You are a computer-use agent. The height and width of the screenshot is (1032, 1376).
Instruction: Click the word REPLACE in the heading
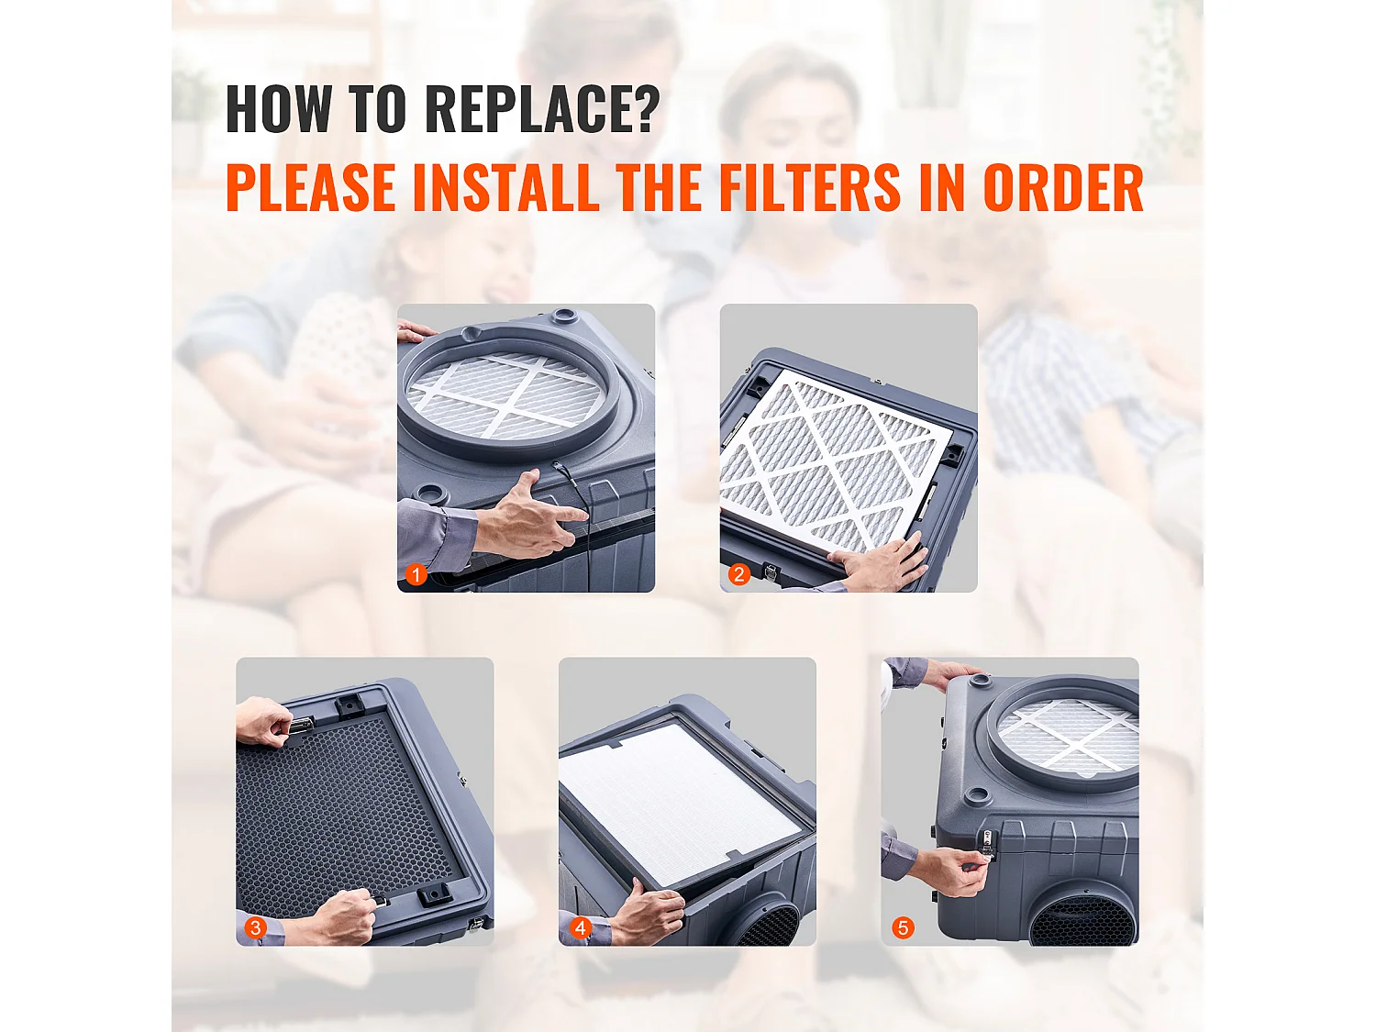542,109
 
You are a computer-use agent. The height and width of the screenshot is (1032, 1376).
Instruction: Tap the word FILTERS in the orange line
810,188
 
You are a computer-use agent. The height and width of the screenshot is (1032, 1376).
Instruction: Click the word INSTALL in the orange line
505,188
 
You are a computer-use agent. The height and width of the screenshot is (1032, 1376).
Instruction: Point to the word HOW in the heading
279,109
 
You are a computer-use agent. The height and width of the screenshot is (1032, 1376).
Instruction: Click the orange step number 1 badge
416,575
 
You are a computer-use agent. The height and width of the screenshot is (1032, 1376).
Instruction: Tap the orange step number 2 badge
739,575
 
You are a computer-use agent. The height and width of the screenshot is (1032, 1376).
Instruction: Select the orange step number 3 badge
256,927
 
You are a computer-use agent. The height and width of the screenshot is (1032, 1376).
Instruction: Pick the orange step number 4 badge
580,927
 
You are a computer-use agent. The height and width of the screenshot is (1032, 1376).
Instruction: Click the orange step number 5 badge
903,927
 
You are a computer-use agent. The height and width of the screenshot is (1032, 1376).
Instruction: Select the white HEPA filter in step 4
679,798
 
